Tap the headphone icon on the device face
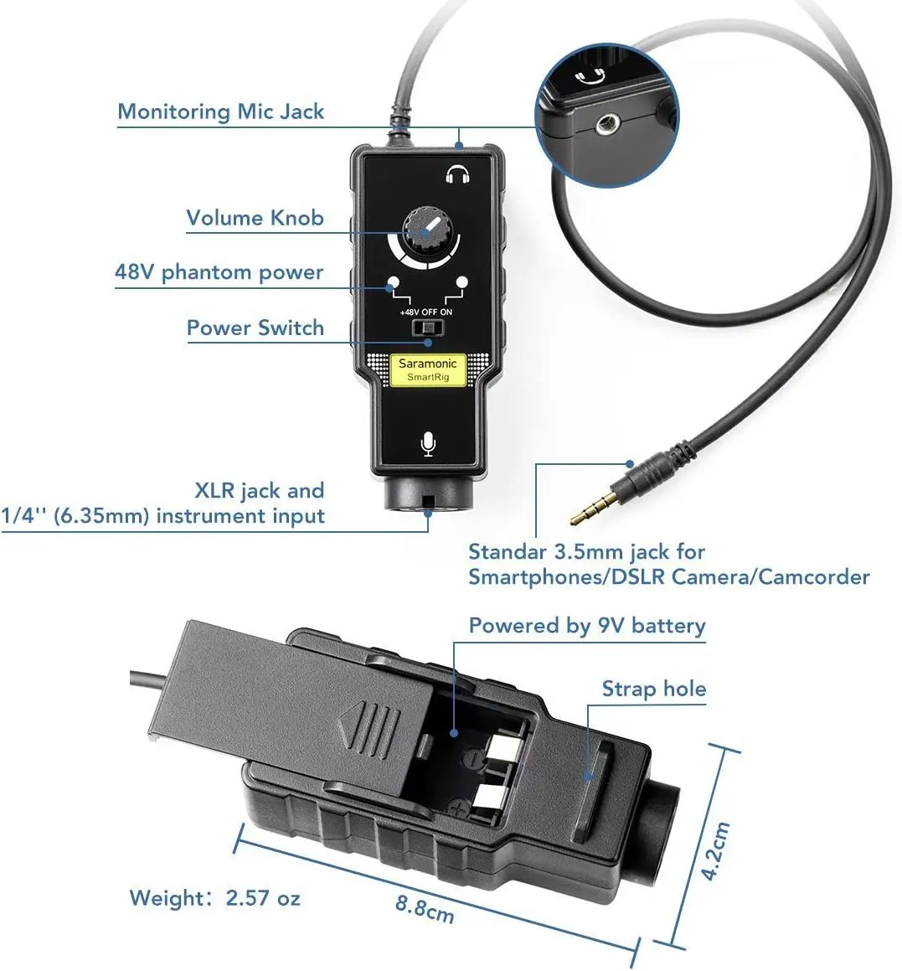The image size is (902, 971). [457, 174]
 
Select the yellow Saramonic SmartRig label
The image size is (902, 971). [428, 369]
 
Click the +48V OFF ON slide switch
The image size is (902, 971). [428, 327]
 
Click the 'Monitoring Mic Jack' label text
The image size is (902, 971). [220, 111]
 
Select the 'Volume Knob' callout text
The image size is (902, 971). [255, 218]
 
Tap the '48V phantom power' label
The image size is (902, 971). [219, 272]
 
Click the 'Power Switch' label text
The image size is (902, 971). [255, 328]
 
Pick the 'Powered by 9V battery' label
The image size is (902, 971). [586, 626]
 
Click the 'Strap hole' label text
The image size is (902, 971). [653, 689]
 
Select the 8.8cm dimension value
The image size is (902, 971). [425, 908]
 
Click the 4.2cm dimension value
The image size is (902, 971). [715, 850]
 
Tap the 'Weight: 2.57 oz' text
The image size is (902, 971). [214, 898]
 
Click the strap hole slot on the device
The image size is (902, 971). [596, 758]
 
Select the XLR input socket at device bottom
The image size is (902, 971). [428, 497]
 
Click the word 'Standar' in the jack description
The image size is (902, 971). [508, 551]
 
